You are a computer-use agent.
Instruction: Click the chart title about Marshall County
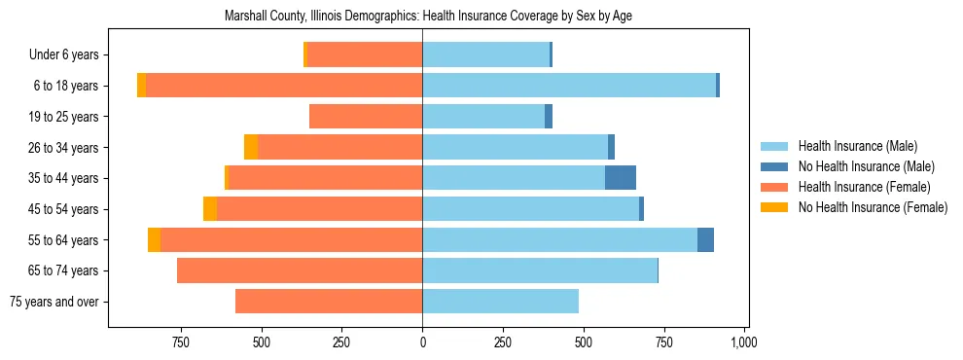(429, 17)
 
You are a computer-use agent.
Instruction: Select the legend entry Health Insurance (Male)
(857, 146)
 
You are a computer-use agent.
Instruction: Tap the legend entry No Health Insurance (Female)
(873, 207)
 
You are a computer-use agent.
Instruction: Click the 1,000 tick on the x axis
(744, 342)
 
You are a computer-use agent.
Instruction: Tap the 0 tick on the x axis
(422, 342)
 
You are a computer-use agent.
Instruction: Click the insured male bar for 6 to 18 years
(569, 86)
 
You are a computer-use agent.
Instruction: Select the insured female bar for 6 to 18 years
(284, 86)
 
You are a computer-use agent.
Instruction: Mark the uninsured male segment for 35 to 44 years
(621, 178)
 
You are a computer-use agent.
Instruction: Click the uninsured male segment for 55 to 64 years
(705, 239)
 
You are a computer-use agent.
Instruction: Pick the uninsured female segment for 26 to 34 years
(251, 147)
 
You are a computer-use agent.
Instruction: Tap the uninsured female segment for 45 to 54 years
(210, 209)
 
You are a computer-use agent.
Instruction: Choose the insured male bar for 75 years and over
(500, 302)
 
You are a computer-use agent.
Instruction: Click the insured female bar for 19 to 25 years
(366, 117)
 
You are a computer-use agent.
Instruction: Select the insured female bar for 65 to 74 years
(300, 270)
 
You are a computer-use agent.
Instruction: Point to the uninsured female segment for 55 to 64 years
(154, 239)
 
